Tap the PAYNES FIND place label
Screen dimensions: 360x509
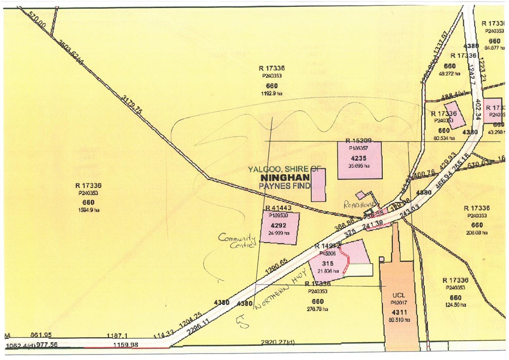click(284, 185)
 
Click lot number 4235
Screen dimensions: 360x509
click(359, 159)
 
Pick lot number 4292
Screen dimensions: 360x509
click(280, 224)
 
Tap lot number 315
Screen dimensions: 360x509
click(328, 263)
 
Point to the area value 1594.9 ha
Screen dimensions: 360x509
click(88, 210)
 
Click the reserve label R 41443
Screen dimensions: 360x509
click(278, 208)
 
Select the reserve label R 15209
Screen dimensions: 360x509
click(359, 141)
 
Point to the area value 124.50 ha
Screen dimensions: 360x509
click(456, 305)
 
